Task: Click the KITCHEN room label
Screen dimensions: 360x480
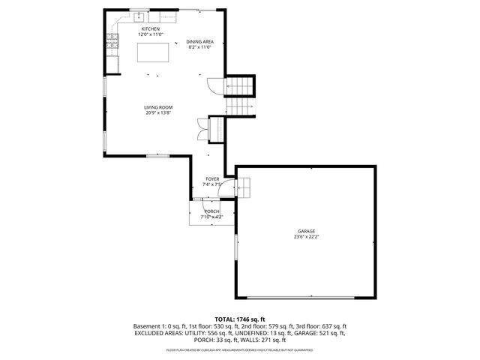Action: point(149,29)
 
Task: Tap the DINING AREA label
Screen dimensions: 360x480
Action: point(199,42)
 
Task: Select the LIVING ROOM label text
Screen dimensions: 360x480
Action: point(158,107)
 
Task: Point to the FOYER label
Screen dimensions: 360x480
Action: point(212,179)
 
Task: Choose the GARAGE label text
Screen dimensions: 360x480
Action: point(305,231)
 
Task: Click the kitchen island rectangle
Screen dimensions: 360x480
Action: point(152,53)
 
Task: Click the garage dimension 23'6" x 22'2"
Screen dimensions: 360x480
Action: point(305,237)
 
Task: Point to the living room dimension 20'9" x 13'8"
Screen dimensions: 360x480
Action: point(158,113)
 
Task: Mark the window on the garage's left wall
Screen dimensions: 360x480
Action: point(235,248)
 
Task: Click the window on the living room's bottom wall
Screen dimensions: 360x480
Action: point(157,155)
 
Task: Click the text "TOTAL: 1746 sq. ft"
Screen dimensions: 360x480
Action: point(239,319)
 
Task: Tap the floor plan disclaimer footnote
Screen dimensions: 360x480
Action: point(239,350)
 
